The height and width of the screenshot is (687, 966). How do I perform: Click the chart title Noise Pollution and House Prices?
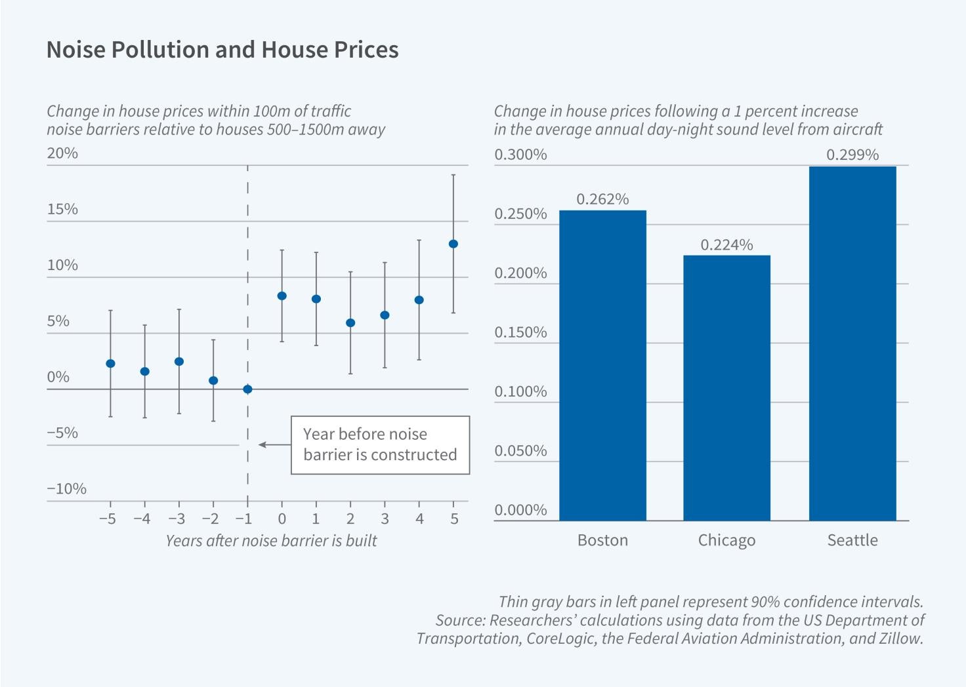(222, 50)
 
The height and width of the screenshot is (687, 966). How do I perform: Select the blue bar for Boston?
(602, 365)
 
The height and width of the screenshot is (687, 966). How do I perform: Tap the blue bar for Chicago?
(726, 387)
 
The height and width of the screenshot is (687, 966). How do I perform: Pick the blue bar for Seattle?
(852, 343)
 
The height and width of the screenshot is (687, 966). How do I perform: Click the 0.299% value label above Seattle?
(852, 155)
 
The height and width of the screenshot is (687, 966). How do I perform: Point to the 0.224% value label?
(726, 245)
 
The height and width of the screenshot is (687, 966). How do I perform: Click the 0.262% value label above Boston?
(602, 199)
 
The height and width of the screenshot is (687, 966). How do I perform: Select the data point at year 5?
(453, 244)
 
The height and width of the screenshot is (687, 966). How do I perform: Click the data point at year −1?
(247, 389)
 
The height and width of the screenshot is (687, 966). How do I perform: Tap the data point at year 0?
(282, 296)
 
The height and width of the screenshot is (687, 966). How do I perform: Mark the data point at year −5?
(110, 363)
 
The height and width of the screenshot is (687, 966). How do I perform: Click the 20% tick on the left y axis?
(62, 153)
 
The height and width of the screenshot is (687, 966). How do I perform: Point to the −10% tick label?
(66, 489)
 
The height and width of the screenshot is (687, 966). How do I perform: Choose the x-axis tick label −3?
(176, 519)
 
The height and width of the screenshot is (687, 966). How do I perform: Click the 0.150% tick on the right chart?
(520, 332)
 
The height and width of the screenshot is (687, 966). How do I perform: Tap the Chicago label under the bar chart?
(726, 540)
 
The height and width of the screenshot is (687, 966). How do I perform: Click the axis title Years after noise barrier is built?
(271, 541)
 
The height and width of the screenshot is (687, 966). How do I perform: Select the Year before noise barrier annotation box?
(380, 444)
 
